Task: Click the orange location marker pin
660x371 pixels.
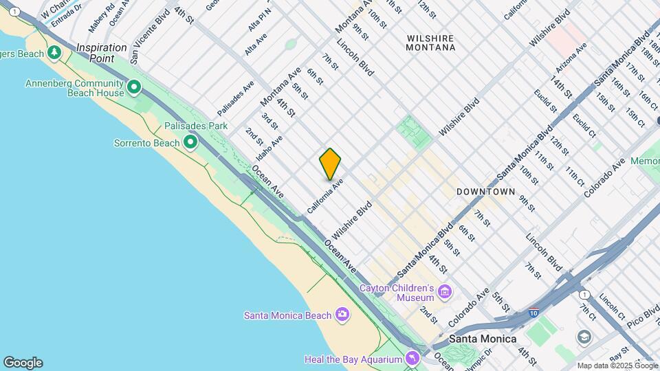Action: pyautogui.click(x=330, y=164)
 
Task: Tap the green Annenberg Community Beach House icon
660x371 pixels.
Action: pyautogui.click(x=134, y=87)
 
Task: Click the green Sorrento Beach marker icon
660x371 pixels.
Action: pyautogui.click(x=190, y=142)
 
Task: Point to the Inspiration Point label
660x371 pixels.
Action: pyautogui.click(x=101, y=53)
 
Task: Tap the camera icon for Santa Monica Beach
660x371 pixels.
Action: pyautogui.click(x=342, y=315)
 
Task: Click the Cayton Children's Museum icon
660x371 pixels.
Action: pyautogui.click(x=445, y=292)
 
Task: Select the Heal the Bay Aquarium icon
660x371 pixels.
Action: pyautogui.click(x=411, y=359)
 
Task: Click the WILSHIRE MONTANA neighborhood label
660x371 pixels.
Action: pyautogui.click(x=430, y=43)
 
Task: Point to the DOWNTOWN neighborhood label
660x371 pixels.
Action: pyautogui.click(x=485, y=192)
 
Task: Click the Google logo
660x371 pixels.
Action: pyautogui.click(x=23, y=362)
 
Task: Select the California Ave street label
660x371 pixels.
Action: pyautogui.click(x=325, y=196)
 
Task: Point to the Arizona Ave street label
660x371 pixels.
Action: pyautogui.click(x=572, y=59)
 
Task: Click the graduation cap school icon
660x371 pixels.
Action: pyautogui.click(x=584, y=337)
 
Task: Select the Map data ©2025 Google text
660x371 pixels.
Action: pyautogui.click(x=616, y=366)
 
